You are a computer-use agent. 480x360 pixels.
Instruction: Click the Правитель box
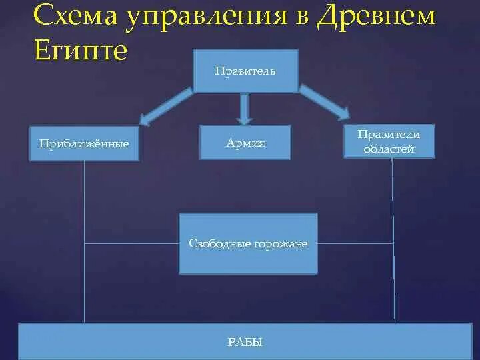coord(245,70)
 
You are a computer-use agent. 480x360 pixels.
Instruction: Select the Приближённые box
coord(84,143)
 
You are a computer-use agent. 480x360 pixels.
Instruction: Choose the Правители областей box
coord(389,142)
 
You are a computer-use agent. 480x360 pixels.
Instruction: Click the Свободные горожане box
coord(248,243)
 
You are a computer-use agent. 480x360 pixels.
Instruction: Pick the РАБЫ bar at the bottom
coord(245,342)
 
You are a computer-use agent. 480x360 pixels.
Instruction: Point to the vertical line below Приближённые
coord(85,240)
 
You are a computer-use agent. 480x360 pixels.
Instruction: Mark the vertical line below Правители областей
coord(393,240)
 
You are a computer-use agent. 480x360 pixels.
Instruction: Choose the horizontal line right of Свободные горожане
coord(355,243)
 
